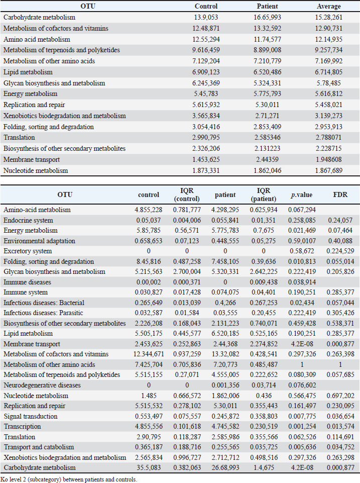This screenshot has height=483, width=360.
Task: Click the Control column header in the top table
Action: click(206, 6)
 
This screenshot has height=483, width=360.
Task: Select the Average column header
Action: click(328, 6)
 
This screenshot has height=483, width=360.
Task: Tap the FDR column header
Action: click(340, 195)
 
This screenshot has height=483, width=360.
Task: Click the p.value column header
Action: click(302, 195)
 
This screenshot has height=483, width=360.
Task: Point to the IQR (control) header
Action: click(187, 195)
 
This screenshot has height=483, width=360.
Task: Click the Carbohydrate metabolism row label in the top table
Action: click(39, 17)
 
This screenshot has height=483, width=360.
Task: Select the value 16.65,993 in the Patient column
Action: click(268, 17)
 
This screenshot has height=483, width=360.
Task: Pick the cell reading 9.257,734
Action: click(328, 50)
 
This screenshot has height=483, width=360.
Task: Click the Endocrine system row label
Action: click(28, 220)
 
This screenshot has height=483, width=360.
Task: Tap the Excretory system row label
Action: click(28, 251)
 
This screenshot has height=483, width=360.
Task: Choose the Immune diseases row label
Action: click(28, 282)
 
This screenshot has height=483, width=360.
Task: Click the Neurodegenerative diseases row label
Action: click(42, 385)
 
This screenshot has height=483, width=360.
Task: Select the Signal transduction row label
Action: click(31, 416)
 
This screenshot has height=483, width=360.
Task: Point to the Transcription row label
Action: click(22, 426)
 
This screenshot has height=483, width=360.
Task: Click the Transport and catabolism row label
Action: click(39, 447)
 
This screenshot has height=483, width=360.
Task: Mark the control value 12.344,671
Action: click(149, 354)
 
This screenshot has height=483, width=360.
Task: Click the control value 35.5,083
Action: click(149, 467)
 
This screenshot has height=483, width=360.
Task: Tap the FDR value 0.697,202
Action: click(340, 396)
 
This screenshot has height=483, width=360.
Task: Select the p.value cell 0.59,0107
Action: click(302, 241)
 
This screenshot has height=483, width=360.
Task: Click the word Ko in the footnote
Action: click(4, 479)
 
